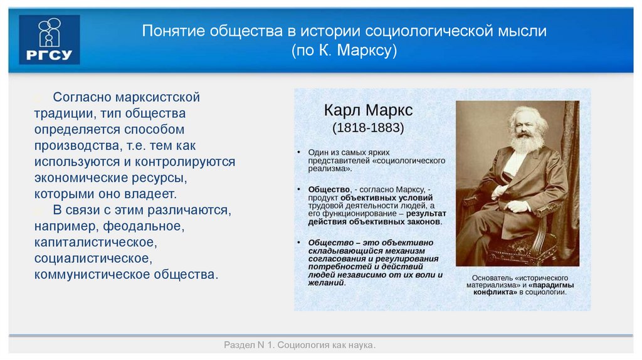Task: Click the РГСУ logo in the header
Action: tap(50, 40)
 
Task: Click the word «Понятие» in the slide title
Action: tap(169, 31)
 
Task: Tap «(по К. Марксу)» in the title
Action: tap(344, 51)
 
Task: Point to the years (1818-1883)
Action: tap(368, 128)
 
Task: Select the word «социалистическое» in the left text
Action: tap(92, 258)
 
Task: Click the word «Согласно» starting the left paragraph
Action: tap(82, 97)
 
